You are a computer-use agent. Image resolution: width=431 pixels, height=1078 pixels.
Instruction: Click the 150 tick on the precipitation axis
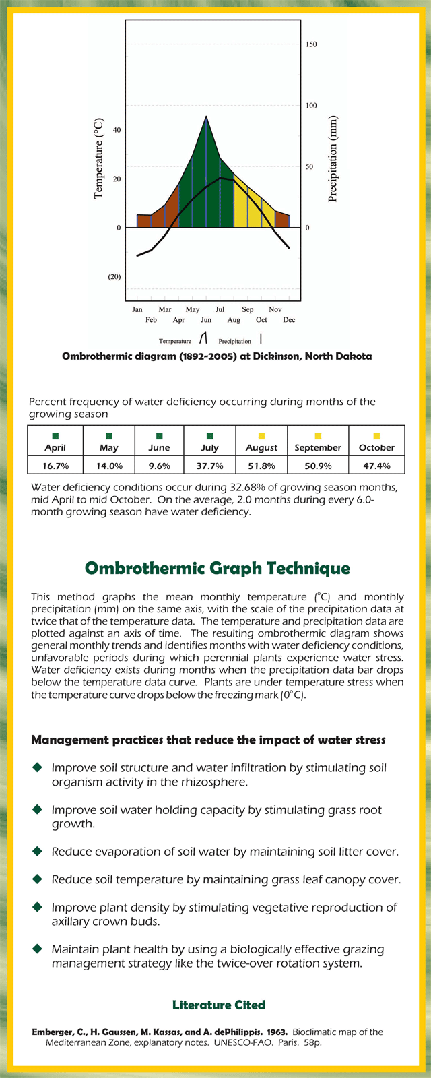[x=311, y=44]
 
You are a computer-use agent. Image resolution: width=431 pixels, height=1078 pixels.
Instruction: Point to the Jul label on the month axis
[x=220, y=309]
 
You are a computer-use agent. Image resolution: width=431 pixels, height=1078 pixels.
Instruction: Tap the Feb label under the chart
[x=151, y=320]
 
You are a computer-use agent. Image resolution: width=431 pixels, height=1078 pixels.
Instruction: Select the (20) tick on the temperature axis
[x=114, y=277]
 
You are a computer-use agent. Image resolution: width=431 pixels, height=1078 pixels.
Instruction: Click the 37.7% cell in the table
[x=209, y=466]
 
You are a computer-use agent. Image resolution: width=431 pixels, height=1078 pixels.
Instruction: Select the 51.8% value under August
[x=261, y=466]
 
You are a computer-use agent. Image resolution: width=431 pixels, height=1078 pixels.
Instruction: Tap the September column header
[x=318, y=448]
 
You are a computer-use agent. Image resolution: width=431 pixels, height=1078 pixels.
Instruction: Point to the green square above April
[x=55, y=437]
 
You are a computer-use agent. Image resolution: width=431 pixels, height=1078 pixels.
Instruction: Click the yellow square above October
[x=376, y=437]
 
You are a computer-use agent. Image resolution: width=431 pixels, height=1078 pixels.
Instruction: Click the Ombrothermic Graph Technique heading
[x=218, y=568]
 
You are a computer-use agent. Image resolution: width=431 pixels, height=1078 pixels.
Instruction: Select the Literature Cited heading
[x=219, y=1005]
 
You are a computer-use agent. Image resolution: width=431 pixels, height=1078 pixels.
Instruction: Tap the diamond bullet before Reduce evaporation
[x=37, y=852]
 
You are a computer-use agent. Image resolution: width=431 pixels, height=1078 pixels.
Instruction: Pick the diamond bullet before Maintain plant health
[x=37, y=949]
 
